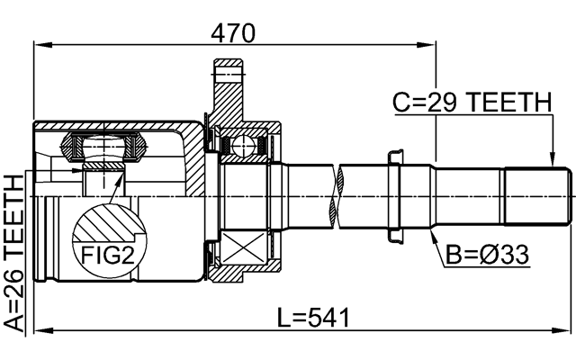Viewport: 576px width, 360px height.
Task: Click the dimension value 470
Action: (233, 32)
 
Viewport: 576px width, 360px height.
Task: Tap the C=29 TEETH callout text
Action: (471, 105)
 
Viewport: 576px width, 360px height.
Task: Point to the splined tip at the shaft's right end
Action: (537, 194)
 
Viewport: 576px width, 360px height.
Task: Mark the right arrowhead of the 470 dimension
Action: (429, 44)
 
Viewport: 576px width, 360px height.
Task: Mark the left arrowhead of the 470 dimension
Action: (39, 44)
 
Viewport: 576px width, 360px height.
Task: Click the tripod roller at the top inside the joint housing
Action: (107, 144)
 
